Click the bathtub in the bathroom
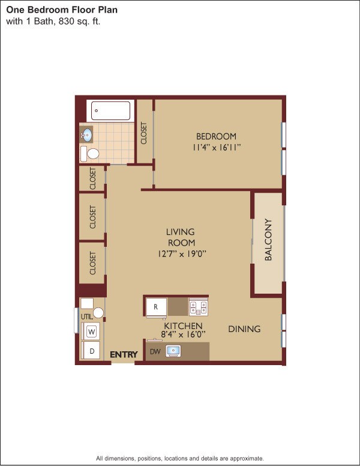111,111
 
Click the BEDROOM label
217,136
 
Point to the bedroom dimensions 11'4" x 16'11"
217,147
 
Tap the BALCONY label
269,240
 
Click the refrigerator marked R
156,307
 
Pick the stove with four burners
198,307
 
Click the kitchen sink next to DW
173,351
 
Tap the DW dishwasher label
155,352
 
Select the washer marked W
92,331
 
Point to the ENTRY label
124,354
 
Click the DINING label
244,329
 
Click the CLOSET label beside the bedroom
144,133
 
